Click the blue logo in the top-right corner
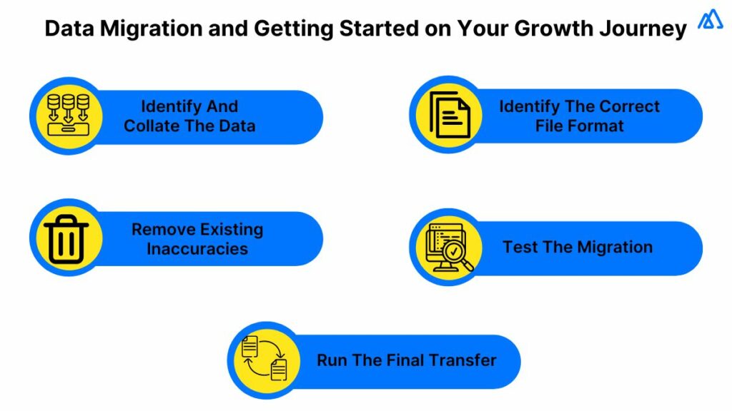(709, 20)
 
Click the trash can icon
(66, 238)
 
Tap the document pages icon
(448, 115)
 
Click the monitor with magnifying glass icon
(449, 248)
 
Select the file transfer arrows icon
(264, 359)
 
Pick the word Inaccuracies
(197, 249)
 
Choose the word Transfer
(465, 360)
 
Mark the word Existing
(227, 230)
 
